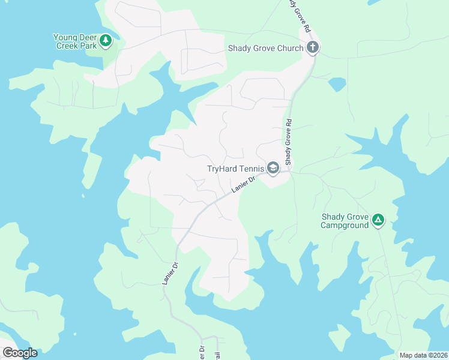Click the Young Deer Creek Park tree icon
[x=106, y=40]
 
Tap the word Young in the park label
[x=66, y=37]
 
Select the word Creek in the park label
[x=67, y=46]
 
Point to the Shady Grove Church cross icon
[x=312, y=48]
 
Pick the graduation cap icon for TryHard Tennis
[x=273, y=169]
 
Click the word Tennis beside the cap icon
[x=253, y=169]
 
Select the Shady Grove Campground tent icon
[x=378, y=221]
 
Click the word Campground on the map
[x=344, y=226]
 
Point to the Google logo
[x=20, y=353]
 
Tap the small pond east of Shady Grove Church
[x=337, y=84]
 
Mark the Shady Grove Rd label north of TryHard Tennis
[x=289, y=142]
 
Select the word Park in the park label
[x=89, y=46]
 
